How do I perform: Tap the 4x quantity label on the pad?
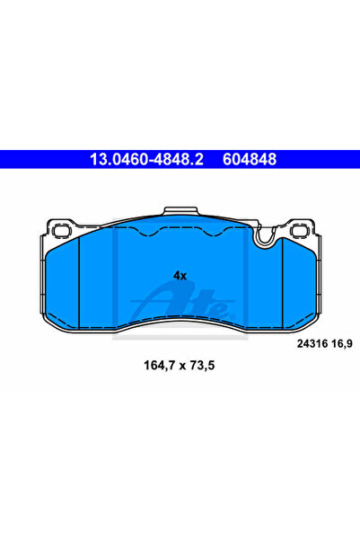click(180, 276)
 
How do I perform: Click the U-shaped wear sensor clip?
click(265, 237)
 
